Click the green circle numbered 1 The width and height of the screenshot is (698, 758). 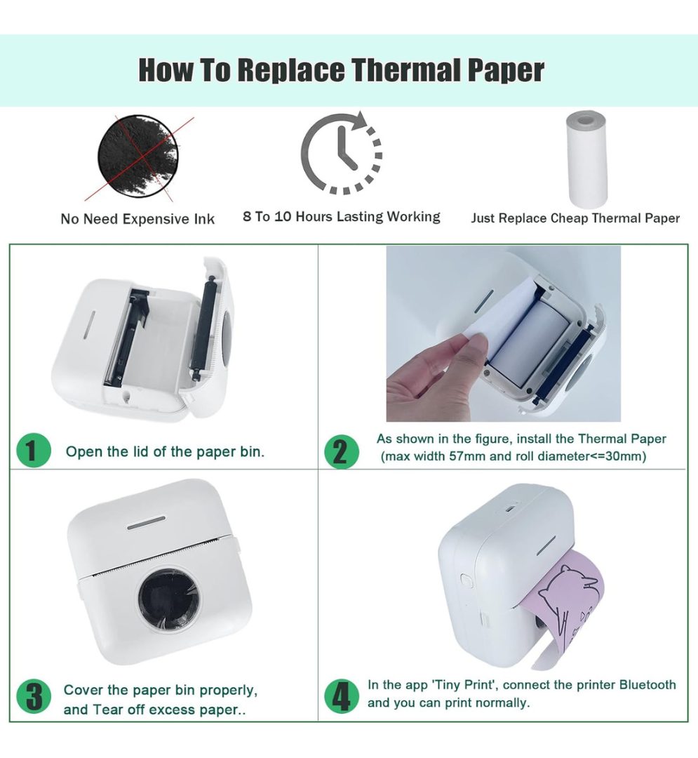34,451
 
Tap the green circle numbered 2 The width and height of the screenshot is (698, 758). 342,452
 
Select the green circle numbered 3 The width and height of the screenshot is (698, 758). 34,697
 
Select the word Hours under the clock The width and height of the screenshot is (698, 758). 314,216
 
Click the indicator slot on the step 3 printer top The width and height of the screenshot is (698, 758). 147,523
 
